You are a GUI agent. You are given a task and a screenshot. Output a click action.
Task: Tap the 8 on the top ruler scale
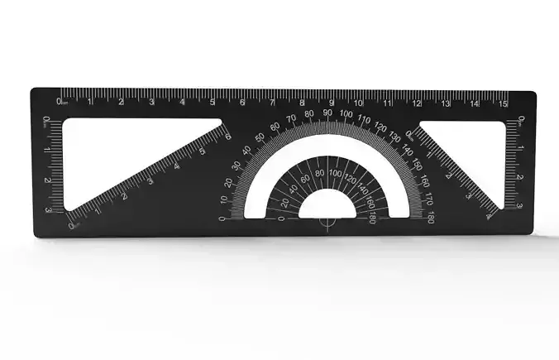pyautogui.click(x=302, y=103)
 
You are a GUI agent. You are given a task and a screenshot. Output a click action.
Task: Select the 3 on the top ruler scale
pyautogui.click(x=151, y=102)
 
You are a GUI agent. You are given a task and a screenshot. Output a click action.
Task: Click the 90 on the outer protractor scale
pyautogui.click(x=327, y=113)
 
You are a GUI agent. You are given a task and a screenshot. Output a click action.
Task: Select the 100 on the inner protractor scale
pyautogui.click(x=334, y=172)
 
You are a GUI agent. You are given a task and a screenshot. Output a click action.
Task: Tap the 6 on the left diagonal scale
pyautogui.click(x=227, y=137)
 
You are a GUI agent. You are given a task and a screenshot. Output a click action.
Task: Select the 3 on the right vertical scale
pyautogui.click(x=518, y=205)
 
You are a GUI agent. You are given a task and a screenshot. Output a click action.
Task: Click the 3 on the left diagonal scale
pyautogui.click(x=150, y=180)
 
